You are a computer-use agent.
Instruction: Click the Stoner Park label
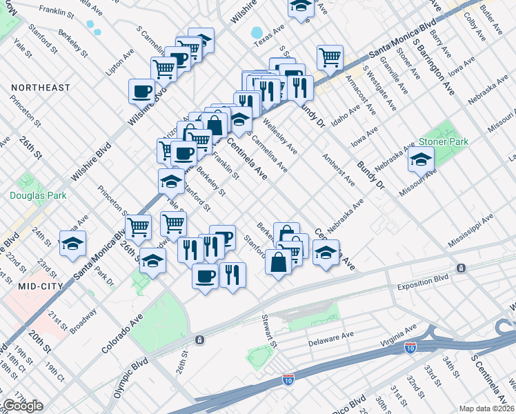click(x=443, y=141)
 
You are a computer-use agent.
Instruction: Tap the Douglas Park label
click(x=38, y=195)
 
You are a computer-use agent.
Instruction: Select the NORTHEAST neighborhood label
click(x=41, y=88)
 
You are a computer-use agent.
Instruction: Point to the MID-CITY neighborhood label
click(x=31, y=286)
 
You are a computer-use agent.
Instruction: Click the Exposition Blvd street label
click(x=422, y=285)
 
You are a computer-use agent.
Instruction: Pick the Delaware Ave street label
click(x=330, y=338)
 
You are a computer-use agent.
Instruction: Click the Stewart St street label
click(x=268, y=331)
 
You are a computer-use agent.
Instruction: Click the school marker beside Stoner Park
click(x=421, y=160)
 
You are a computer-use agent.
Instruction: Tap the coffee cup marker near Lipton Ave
click(x=142, y=90)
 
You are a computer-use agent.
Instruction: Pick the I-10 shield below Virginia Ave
click(x=410, y=348)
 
